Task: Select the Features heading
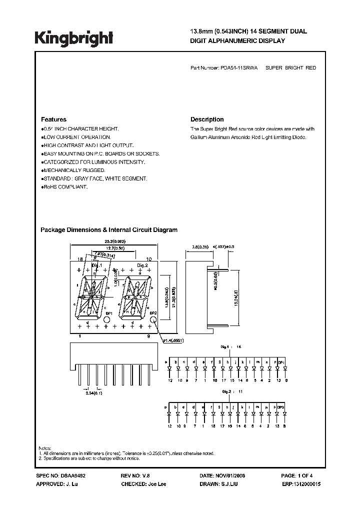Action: click(x=53, y=119)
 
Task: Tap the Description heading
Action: click(x=207, y=119)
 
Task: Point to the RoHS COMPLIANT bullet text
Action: click(x=66, y=186)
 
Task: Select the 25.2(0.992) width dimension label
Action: click(x=114, y=241)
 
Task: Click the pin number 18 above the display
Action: click(x=79, y=259)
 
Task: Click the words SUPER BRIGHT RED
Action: click(x=290, y=67)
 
